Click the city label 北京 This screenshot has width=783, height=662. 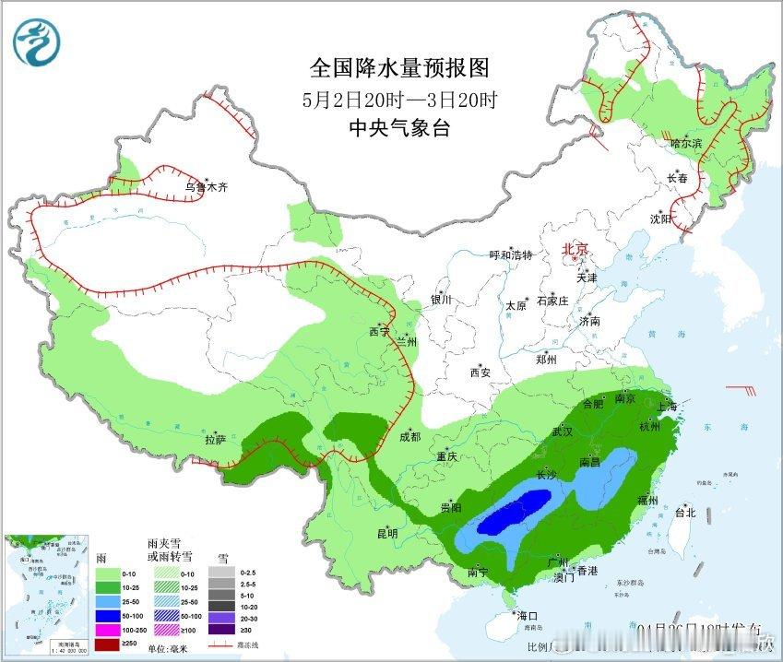[575, 249]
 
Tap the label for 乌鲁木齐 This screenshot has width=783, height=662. [205, 187]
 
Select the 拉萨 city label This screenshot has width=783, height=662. [215, 440]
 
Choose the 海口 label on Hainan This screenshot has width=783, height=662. [527, 615]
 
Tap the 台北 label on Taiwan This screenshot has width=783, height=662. [685, 512]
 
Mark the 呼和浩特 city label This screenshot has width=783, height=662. [511, 255]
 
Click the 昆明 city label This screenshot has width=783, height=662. [386, 533]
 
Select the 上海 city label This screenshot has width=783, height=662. [666, 407]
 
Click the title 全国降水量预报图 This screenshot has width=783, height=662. [397, 68]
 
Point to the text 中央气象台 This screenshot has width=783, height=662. [398, 129]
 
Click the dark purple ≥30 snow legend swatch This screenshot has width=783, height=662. [220, 629]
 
